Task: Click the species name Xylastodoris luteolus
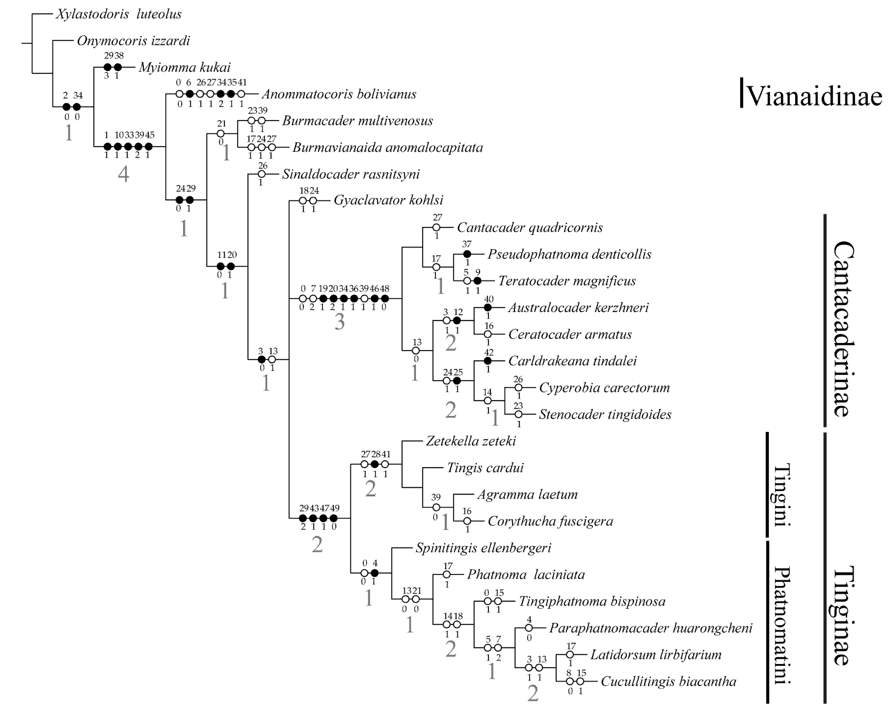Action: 119,14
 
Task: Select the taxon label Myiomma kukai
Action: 184,67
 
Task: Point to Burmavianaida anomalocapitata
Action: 387,147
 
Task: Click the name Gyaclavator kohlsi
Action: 388,200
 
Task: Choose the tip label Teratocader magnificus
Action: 567,281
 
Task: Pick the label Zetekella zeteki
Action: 471,441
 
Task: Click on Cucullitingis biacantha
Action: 668,681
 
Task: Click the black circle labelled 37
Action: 467,254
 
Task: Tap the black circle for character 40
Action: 488,307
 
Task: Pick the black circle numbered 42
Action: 488,361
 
